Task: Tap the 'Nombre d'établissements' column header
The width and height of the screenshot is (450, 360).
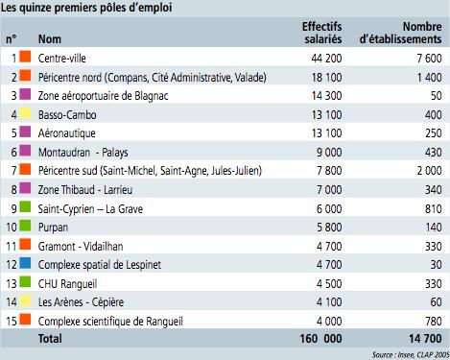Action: pyautogui.click(x=401, y=33)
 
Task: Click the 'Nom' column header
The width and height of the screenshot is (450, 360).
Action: pyautogui.click(x=49, y=39)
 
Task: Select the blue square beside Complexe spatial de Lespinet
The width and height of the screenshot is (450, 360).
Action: pyautogui.click(x=26, y=263)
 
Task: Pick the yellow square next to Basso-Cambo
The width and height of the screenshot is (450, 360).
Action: pyautogui.click(x=26, y=113)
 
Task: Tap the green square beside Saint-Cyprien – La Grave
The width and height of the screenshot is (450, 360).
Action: pyautogui.click(x=26, y=207)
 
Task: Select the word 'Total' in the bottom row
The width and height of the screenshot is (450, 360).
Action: pyautogui.click(x=51, y=338)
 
